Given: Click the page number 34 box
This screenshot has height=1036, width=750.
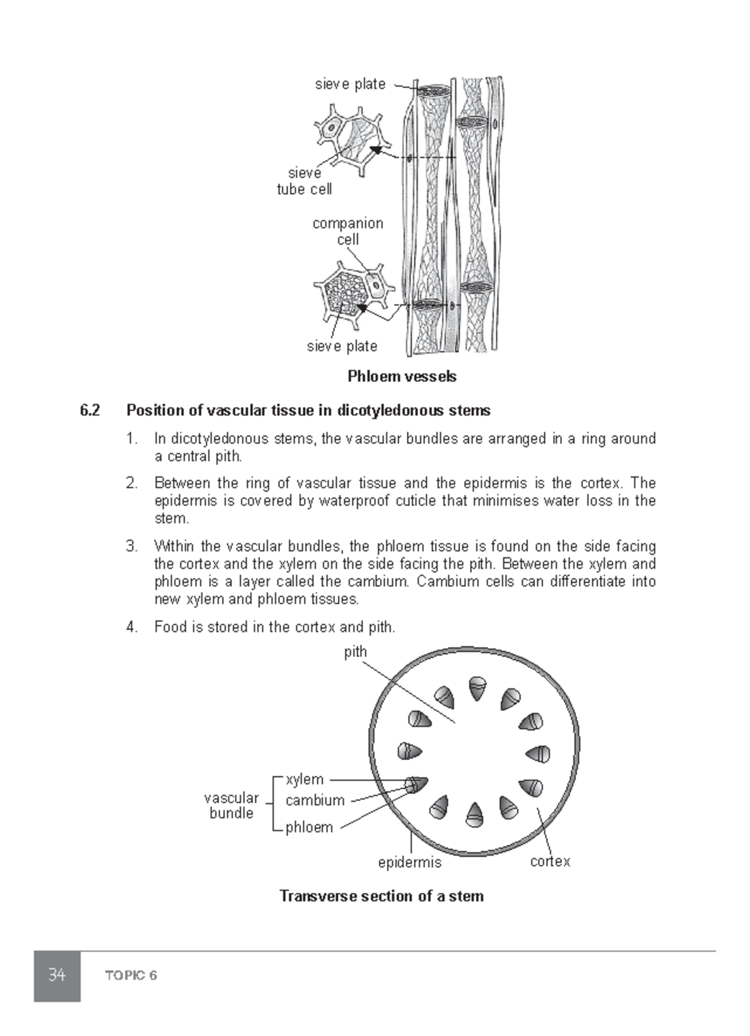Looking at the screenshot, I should pyautogui.click(x=57, y=975).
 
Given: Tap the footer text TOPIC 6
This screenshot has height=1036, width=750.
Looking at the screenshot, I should pyautogui.click(x=131, y=975).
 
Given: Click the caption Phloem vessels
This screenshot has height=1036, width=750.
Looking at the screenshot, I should pyautogui.click(x=402, y=376).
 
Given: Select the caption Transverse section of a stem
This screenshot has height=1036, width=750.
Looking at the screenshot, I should pyautogui.click(x=381, y=896).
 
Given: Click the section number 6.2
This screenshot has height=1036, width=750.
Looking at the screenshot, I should pyautogui.click(x=89, y=411).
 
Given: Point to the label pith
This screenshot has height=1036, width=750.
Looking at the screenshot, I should pyautogui.click(x=355, y=651).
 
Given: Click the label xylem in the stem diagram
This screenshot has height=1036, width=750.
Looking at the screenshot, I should pyautogui.click(x=304, y=780).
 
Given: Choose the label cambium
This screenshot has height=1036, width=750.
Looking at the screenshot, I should pyautogui.click(x=315, y=800).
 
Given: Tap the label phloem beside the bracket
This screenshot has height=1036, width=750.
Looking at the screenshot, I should pyautogui.click(x=309, y=827).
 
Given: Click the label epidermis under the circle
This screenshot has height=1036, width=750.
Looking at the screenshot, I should pyautogui.click(x=409, y=863).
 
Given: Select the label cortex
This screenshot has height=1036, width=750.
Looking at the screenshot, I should pyautogui.click(x=550, y=862).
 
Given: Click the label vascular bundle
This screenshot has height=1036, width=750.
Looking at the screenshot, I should pyautogui.click(x=231, y=805).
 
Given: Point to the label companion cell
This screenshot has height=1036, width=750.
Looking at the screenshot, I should pyautogui.click(x=347, y=231).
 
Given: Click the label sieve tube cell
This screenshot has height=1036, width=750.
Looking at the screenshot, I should pyautogui.click(x=304, y=181).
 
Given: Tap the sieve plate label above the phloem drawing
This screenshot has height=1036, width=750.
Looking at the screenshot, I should pyautogui.click(x=350, y=84).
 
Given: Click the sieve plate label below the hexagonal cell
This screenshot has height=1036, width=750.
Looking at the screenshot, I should pyautogui.click(x=342, y=346).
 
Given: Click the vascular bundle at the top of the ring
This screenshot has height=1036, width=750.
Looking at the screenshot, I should pyautogui.click(x=477, y=687).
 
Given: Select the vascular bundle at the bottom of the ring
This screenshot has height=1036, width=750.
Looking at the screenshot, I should pyautogui.click(x=475, y=813).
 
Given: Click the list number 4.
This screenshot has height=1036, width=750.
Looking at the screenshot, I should pyautogui.click(x=131, y=627).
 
